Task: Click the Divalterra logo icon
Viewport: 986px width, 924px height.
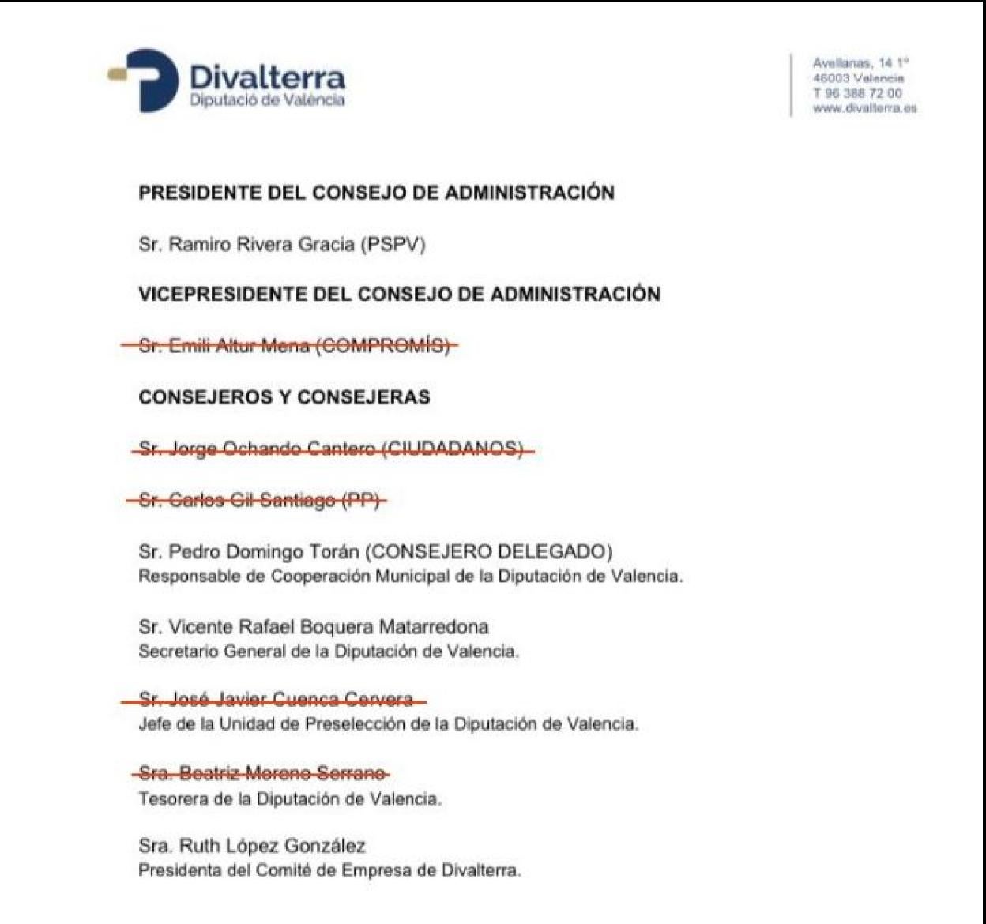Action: coord(145,80)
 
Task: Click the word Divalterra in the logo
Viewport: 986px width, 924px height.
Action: coord(267,77)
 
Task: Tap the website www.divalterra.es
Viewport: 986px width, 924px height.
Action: coord(864,109)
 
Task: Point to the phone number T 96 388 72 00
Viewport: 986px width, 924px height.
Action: coord(857,93)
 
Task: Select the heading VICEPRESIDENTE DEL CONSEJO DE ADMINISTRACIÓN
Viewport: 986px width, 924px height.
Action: coord(399,295)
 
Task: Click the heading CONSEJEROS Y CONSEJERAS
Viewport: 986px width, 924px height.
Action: coord(284,396)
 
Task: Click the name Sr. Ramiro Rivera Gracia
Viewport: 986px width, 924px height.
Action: coord(246,245)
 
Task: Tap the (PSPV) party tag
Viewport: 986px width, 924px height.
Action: coord(393,245)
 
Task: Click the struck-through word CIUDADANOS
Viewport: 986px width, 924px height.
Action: coord(453,449)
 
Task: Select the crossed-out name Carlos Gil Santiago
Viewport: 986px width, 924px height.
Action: coord(253,500)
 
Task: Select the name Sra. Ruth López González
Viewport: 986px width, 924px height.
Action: coord(252,847)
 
